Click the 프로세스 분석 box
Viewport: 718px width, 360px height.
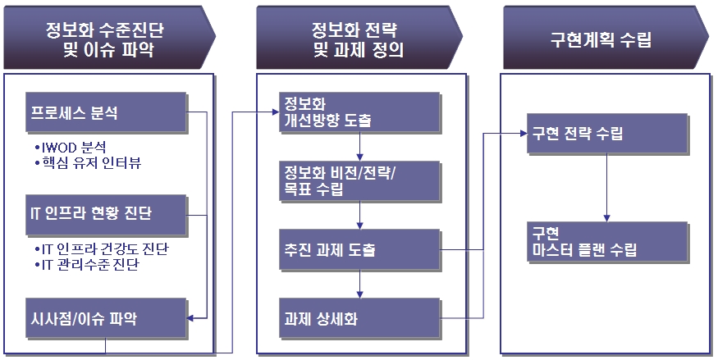coord(106,114)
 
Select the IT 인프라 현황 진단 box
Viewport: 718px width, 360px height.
coord(106,216)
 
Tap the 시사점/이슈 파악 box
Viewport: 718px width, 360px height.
coord(106,318)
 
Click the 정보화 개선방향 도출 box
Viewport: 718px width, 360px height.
coord(358,114)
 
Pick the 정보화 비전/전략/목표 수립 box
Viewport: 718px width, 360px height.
coord(358,181)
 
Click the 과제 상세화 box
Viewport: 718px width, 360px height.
coord(358,317)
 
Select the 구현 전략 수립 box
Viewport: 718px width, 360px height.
coord(606,133)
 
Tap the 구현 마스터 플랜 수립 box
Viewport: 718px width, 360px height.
coord(606,241)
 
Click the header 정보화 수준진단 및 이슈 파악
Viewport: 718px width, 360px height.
coord(107,40)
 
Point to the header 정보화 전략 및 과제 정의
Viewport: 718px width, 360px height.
coord(354,40)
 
